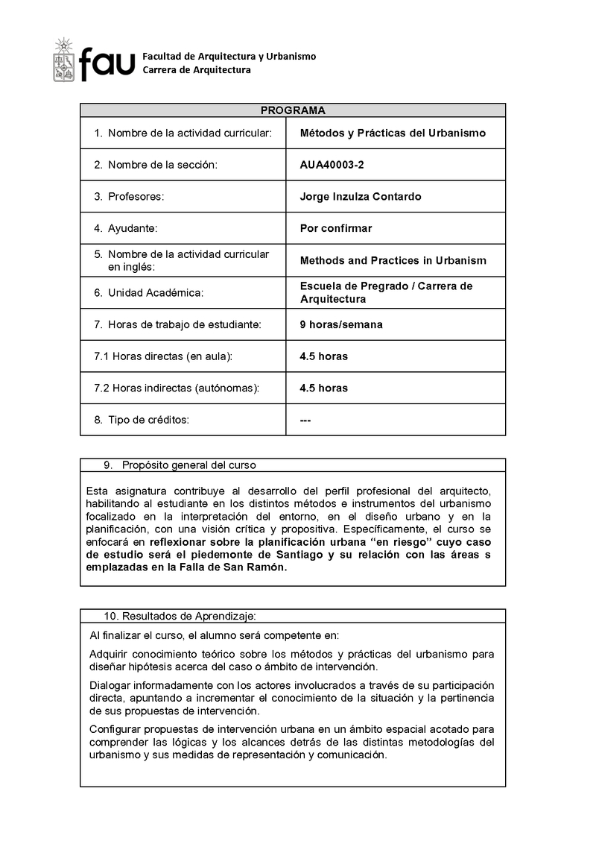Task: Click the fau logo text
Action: pos(108,63)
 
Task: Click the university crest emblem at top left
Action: pos(64,60)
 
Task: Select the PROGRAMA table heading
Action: pos(293,110)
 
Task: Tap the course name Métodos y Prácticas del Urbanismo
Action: pos(393,133)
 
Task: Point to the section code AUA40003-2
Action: pos(332,165)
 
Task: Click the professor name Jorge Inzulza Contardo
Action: pos(360,197)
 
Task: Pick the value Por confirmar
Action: pos(335,228)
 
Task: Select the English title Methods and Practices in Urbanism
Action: pos(393,261)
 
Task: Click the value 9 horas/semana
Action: pos(341,324)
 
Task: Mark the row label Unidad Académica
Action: pos(156,293)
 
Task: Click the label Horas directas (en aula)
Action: pos(163,356)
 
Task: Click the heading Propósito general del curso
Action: pos(188,465)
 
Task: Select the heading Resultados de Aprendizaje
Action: pos(188,616)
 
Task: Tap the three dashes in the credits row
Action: pos(305,420)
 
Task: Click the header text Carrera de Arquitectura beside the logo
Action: pos(197,70)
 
